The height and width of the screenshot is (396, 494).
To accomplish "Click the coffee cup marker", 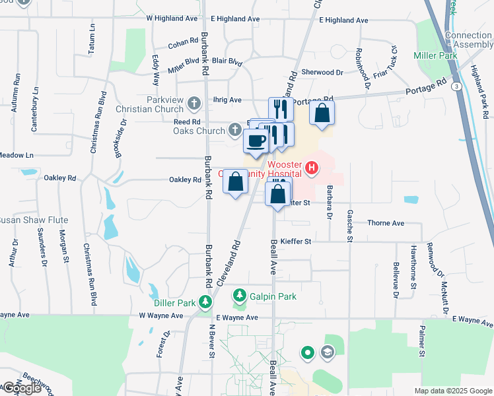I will [256, 140].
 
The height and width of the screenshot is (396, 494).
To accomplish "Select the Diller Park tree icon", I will [206, 302].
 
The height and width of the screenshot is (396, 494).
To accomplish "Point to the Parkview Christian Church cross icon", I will [194, 104].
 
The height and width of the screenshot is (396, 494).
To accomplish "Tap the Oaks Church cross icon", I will [235, 130].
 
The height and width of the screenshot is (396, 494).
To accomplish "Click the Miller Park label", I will [435, 56].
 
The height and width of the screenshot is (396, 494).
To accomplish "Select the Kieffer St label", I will [295, 242].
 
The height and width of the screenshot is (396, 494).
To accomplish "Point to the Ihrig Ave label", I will [226, 100].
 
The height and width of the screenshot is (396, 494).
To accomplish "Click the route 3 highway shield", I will [456, 86].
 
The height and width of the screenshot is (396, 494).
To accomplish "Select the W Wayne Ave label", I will [160, 316].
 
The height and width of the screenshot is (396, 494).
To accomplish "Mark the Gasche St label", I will [348, 225].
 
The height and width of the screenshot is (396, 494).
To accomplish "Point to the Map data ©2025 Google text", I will [452, 391].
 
